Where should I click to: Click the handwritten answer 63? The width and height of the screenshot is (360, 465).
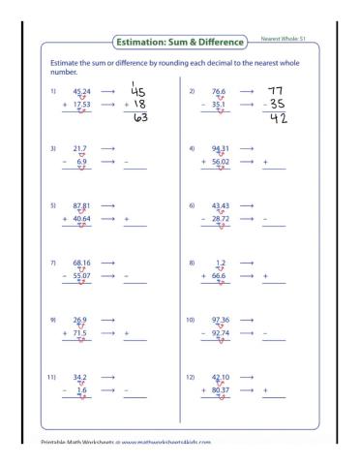(x=141, y=119)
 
